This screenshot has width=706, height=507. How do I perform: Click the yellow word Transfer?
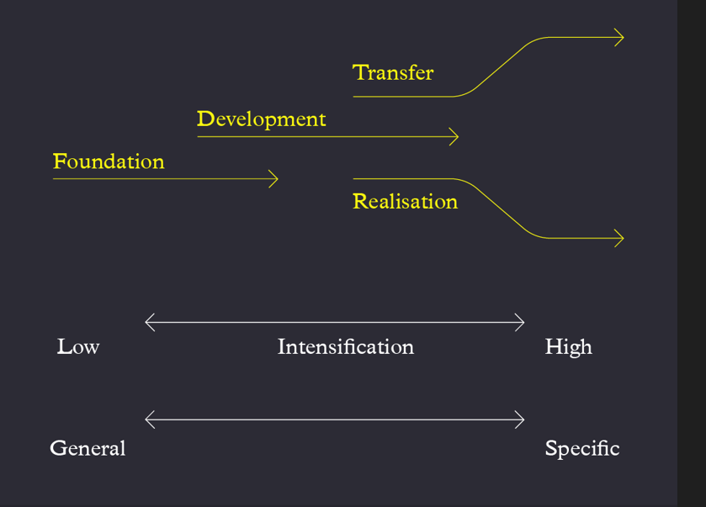pos(393,72)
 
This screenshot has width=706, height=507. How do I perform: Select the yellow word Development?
pos(261,120)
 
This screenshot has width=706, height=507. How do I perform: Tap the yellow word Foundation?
pos(109,161)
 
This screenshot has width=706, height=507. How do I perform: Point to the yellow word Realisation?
pos(406,201)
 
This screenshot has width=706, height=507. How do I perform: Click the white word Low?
pos(78,347)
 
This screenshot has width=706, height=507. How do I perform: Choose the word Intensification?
pos(345,347)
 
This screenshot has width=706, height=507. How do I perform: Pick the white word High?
pos(568,348)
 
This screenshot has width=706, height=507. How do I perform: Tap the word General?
pos(88,448)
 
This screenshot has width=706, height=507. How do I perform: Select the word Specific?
pos(582,449)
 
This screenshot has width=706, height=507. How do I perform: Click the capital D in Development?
pos(205,119)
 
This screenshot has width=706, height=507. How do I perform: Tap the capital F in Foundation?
pos(60,161)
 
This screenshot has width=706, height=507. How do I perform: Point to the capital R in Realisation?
pos(361,201)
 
